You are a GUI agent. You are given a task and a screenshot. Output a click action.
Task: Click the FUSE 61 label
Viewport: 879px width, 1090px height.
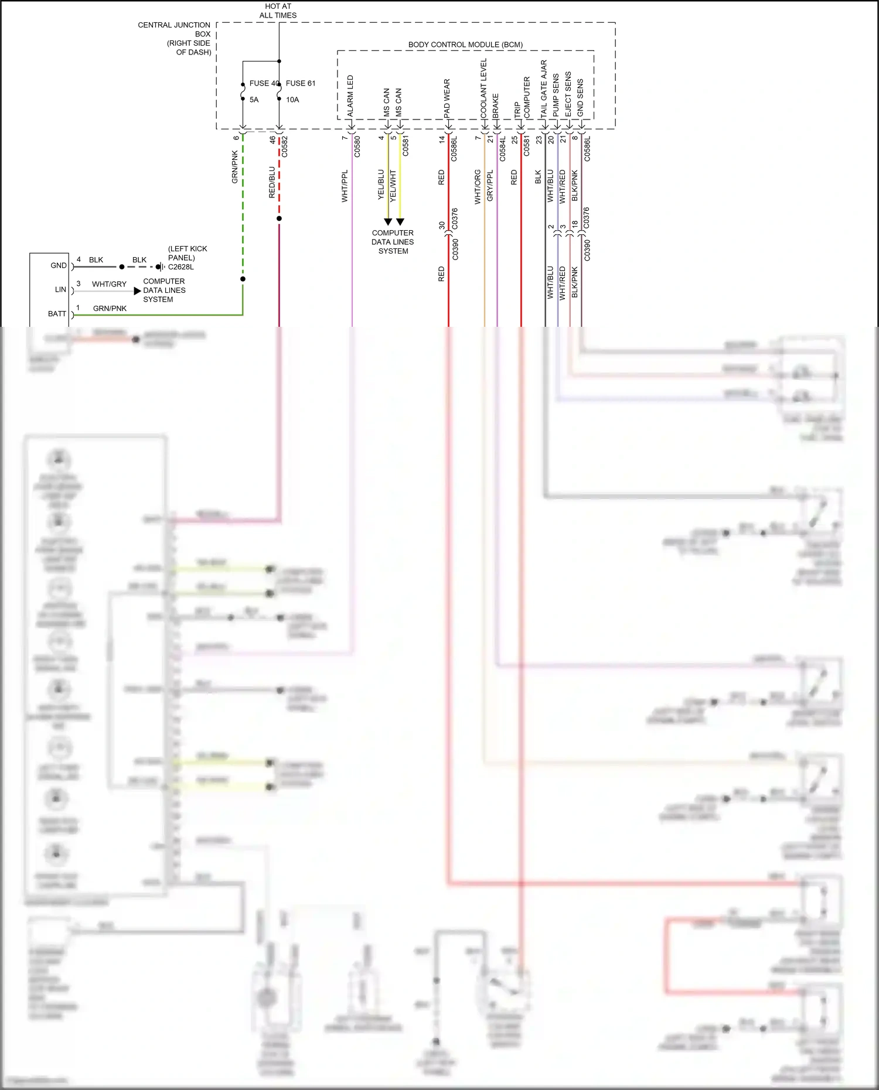point(300,83)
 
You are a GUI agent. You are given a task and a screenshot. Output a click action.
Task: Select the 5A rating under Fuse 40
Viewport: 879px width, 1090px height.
point(254,100)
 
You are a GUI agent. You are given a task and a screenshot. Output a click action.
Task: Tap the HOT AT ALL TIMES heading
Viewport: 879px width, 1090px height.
point(278,11)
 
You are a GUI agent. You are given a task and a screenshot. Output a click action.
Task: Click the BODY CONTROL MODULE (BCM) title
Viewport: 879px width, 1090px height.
point(465,45)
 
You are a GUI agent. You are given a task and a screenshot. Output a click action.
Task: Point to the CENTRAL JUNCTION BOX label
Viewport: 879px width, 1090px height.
point(174,38)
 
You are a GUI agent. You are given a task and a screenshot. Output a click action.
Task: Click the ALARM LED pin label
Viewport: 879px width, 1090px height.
point(350,96)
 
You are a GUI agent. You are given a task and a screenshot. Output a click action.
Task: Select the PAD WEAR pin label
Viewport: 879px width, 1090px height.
point(447,98)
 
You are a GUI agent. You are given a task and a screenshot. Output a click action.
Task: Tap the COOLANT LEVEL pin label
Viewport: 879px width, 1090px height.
point(483,88)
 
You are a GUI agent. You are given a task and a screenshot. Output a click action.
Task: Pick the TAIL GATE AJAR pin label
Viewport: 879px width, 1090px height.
point(544,88)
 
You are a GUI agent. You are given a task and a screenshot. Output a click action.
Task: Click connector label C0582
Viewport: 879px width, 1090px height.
point(285,146)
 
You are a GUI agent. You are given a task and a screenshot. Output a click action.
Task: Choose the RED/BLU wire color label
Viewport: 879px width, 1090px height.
point(272,182)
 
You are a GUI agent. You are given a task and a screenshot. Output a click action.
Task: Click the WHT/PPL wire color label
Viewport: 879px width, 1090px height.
point(345,186)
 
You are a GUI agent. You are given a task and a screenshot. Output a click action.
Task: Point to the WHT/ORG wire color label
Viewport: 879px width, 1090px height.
point(478,187)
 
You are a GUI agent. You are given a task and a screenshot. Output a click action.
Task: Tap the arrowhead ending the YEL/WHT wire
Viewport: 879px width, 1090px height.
point(400,222)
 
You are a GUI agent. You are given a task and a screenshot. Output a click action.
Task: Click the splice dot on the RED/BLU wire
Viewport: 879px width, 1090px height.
point(279,218)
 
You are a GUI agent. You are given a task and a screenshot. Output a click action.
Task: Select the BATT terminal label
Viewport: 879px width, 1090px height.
point(57,314)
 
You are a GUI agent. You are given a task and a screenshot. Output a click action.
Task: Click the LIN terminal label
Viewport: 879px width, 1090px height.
point(60,289)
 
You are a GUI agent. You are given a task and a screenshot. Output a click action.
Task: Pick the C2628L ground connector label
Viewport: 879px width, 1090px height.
point(181,266)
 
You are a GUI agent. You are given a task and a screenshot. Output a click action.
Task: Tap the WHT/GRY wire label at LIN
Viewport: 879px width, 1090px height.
point(109,284)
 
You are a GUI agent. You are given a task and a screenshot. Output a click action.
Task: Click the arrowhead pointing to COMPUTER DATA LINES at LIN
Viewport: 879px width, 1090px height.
point(137,291)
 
